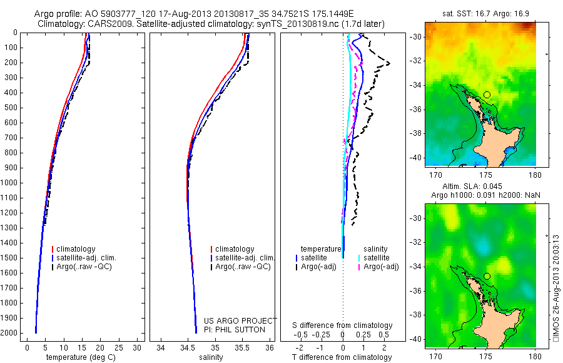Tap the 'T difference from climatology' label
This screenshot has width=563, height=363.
[342, 357]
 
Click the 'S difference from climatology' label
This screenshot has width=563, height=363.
[342, 325]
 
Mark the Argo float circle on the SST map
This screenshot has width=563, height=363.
[487, 95]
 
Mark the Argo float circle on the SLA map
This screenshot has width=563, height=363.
[487, 276]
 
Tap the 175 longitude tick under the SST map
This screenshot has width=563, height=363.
[485, 171]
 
